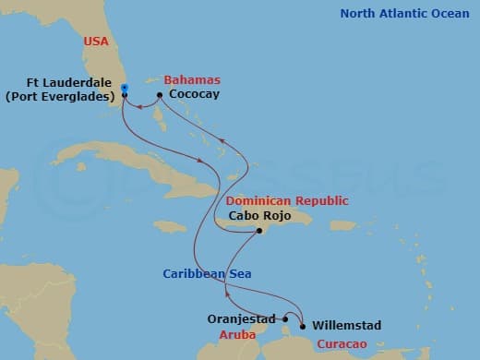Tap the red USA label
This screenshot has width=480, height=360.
click(x=95, y=42)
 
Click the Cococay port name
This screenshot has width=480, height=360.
click(x=194, y=94)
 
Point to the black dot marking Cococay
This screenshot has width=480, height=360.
click(x=160, y=95)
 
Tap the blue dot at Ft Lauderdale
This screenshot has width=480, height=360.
click(x=124, y=88)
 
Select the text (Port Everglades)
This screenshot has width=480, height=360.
click(x=60, y=94)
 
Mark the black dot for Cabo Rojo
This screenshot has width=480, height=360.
click(x=260, y=232)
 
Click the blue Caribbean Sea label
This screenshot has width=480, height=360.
click(x=208, y=274)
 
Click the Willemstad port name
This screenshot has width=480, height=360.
click(x=346, y=325)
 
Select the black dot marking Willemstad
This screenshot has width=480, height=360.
click(x=304, y=325)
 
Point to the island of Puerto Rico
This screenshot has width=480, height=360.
click(x=342, y=225)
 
